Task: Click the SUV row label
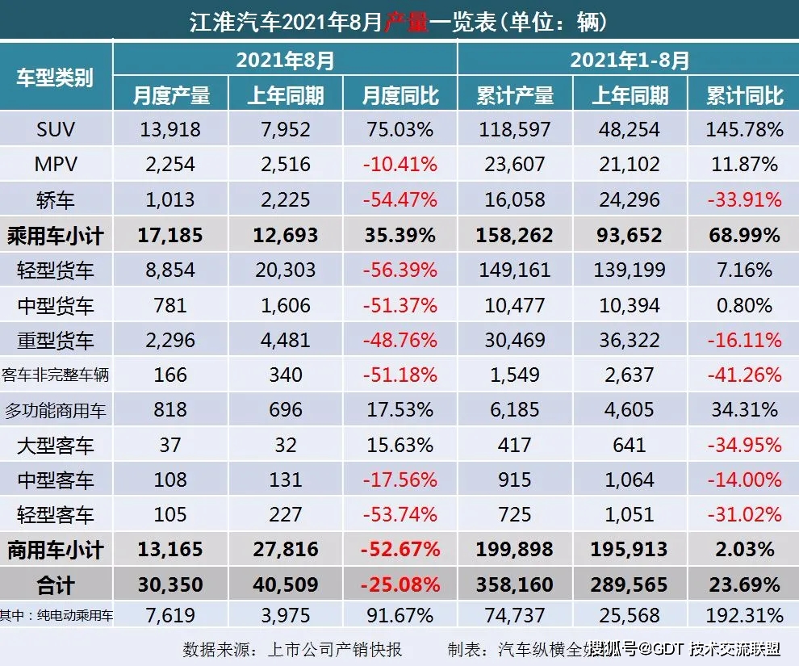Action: point(56,129)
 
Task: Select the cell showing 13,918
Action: point(171,129)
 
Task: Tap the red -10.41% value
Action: point(399,165)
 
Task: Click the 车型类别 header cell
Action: point(56,77)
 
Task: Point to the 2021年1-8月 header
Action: point(628,59)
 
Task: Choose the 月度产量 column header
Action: point(171,95)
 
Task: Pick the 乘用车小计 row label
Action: point(56,236)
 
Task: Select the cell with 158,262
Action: point(515,236)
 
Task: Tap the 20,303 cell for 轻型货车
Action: point(286,271)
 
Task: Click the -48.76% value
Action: point(399,341)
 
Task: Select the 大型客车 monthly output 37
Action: point(171,445)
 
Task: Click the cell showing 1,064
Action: point(630,480)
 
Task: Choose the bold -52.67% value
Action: point(399,550)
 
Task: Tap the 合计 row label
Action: point(56,584)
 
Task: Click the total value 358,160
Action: point(515,584)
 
